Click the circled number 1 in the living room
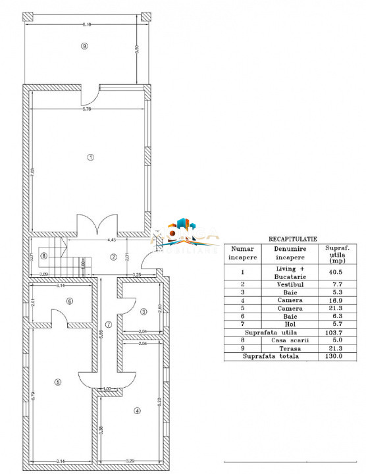[x=91, y=157]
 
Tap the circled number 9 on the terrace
[x=84, y=45]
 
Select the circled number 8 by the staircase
[x=43, y=256]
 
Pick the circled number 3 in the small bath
[x=143, y=311]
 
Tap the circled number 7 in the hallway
[x=109, y=325]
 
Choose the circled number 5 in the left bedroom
[x=58, y=382]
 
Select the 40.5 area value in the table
[x=332, y=271]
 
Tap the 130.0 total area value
[x=332, y=356]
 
